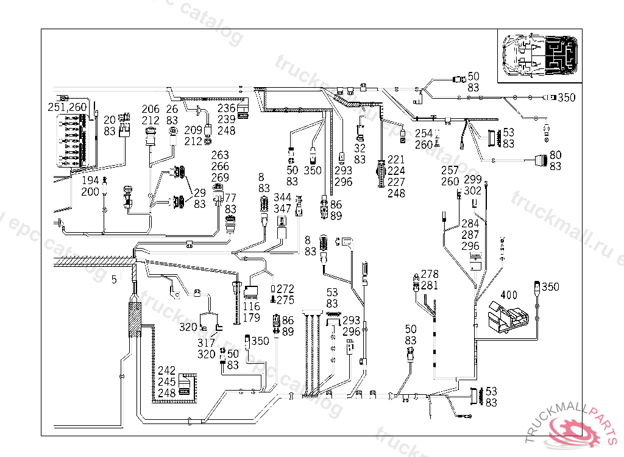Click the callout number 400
pyautogui.click(x=509, y=296)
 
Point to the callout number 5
pyautogui.click(x=114, y=280)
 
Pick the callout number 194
pyautogui.click(x=90, y=181)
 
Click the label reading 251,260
pyautogui.click(x=68, y=107)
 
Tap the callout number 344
pyautogui.click(x=282, y=198)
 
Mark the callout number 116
pyautogui.click(x=251, y=306)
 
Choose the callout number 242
pyautogui.click(x=166, y=370)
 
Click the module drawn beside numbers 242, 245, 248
pyautogui.click(x=185, y=386)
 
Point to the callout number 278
pyautogui.click(x=430, y=275)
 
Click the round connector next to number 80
pyautogui.click(x=539, y=161)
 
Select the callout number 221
pyautogui.click(x=396, y=160)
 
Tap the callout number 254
pyautogui.click(x=424, y=133)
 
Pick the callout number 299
pyautogui.click(x=472, y=180)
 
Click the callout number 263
pyautogui.click(x=220, y=155)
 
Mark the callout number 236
pyautogui.click(x=226, y=108)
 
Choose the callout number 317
pyautogui.click(x=207, y=343)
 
